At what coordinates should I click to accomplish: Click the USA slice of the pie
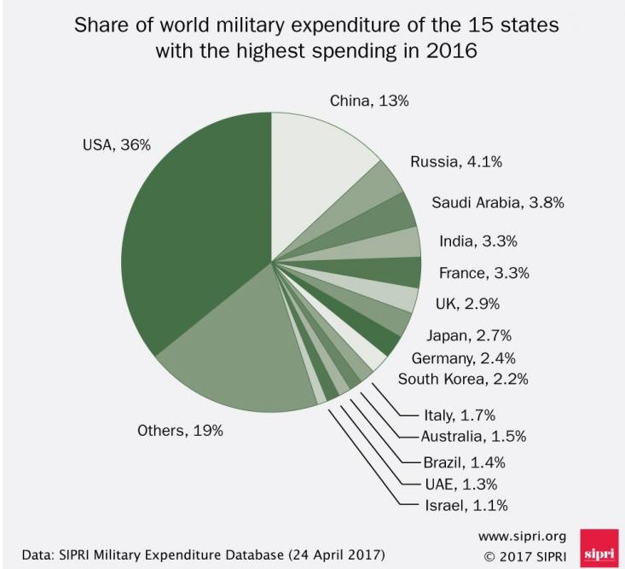pos(192,230)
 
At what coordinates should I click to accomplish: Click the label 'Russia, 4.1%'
pos(450,162)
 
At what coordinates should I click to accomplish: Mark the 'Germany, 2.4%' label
pos(463,358)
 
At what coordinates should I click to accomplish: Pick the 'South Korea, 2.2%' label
pos(468,380)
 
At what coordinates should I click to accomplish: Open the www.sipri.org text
pos(522,537)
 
